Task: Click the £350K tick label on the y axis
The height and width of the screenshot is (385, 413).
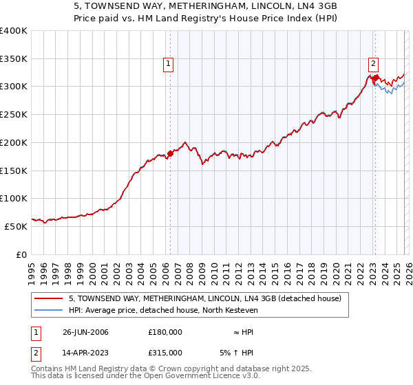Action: coord(14,58)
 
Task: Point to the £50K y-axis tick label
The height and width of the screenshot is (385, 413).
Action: coord(16,226)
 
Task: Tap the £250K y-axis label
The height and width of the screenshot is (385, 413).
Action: coord(14,114)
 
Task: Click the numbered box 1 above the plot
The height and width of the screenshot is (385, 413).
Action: coord(169,64)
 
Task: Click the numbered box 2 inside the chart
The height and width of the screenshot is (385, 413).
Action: coord(373,64)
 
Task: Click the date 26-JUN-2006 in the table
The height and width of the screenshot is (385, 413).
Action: coord(85,332)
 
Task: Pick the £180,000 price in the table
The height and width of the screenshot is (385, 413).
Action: coord(165,332)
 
